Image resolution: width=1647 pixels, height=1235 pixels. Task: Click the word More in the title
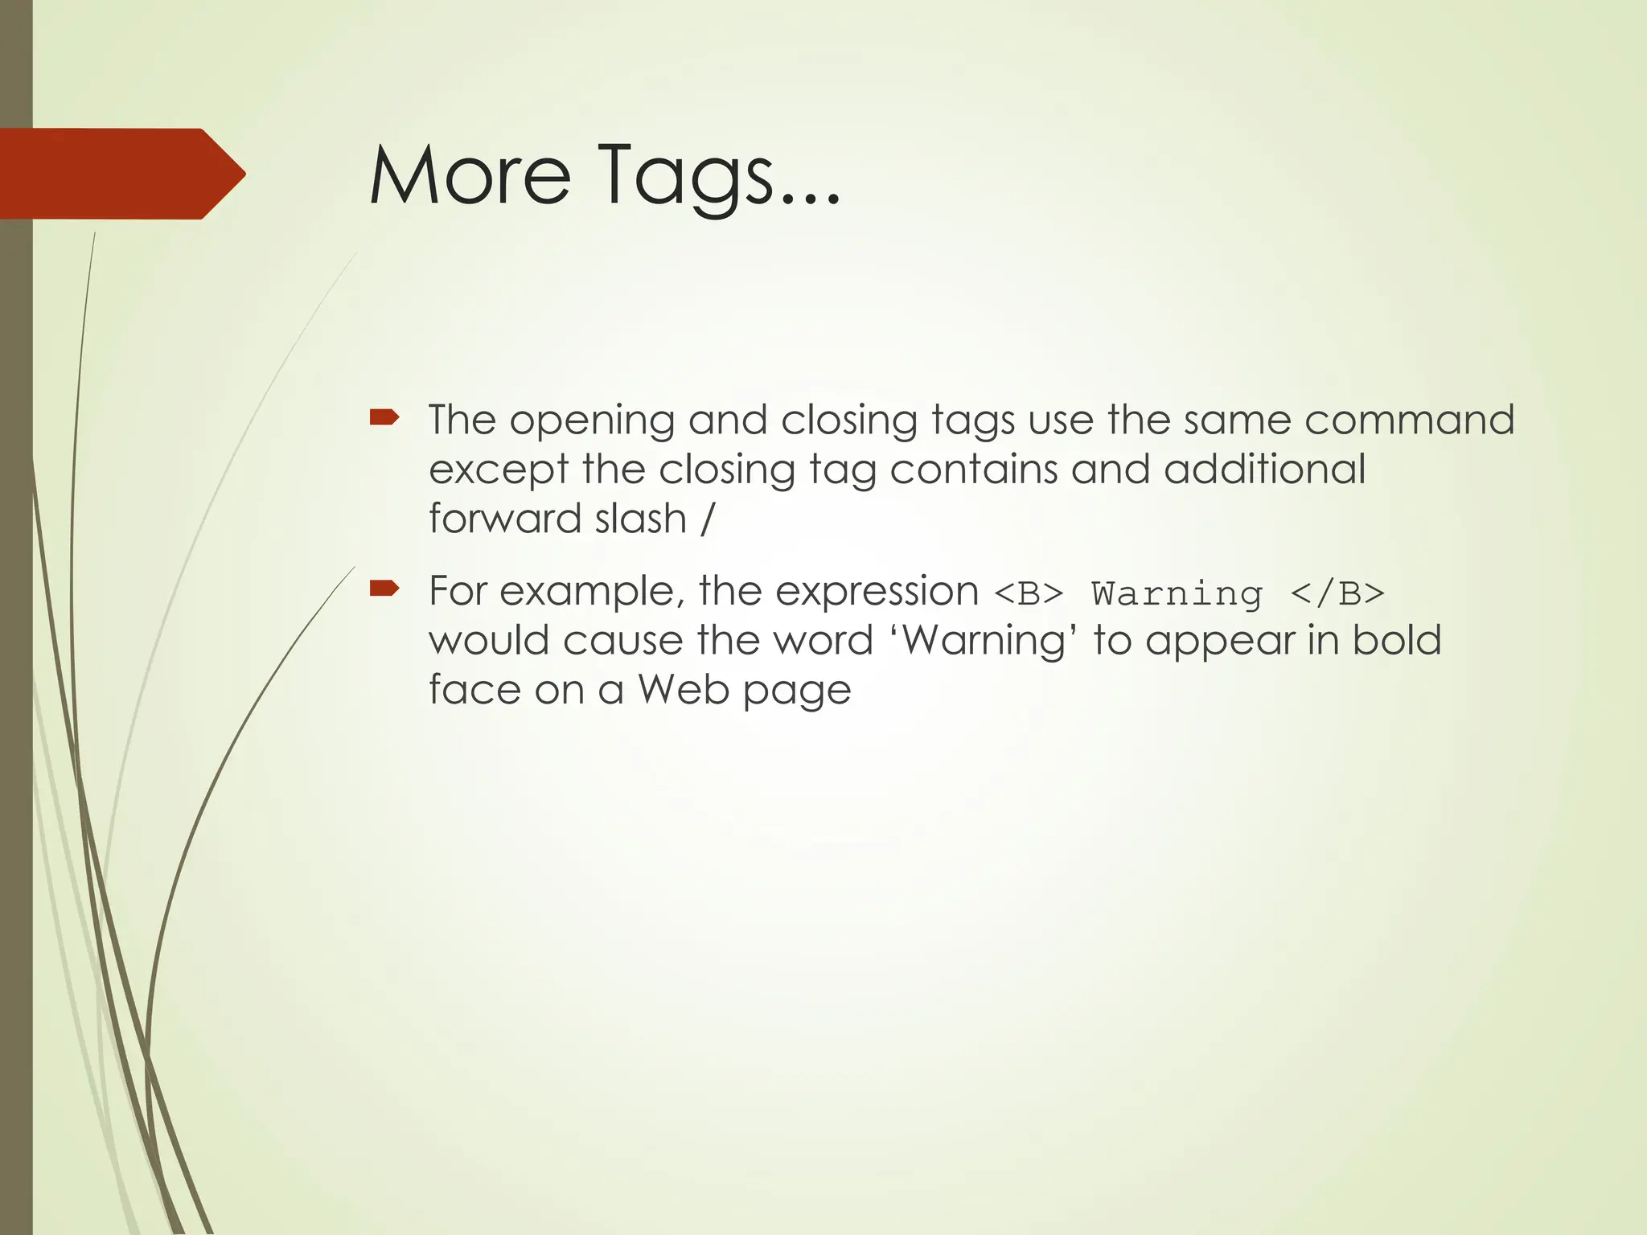(x=470, y=174)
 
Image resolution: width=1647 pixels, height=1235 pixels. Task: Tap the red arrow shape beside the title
(x=121, y=174)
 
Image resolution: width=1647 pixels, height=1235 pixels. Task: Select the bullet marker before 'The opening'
(x=384, y=416)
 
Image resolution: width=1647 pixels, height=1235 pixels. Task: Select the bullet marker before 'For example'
(x=384, y=589)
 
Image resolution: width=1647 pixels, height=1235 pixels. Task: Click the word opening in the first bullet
(x=591, y=421)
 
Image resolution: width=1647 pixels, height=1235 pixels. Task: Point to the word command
(x=1409, y=420)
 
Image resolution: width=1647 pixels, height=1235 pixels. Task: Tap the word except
(x=498, y=471)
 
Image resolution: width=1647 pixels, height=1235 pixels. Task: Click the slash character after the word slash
(x=707, y=519)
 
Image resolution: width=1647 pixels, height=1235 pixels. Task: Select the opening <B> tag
(x=1029, y=594)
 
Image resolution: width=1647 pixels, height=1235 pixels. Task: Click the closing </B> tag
(x=1337, y=594)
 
